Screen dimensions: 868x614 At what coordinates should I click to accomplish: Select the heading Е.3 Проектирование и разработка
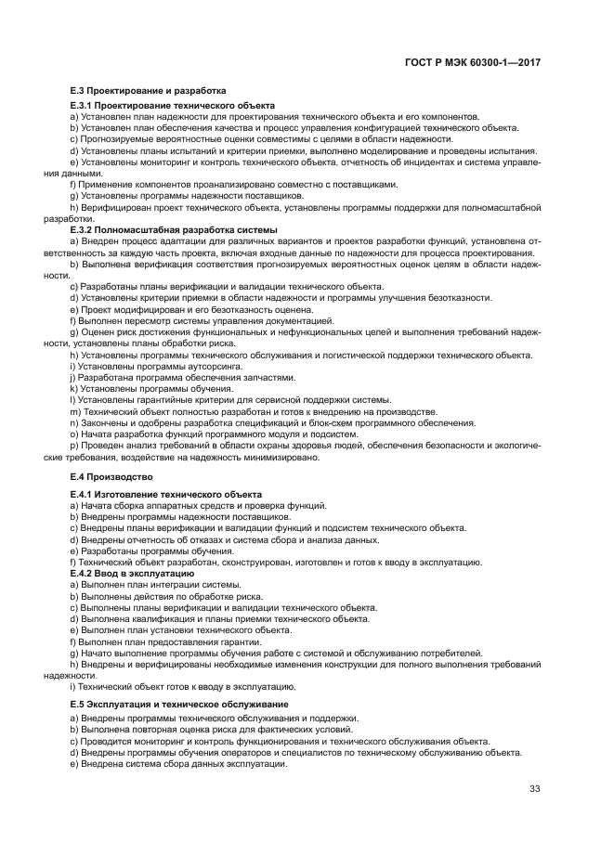(149, 91)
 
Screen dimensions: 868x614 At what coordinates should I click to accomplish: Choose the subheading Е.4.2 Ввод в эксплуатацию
(132, 574)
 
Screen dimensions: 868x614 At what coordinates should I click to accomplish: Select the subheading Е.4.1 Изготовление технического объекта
(166, 494)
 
